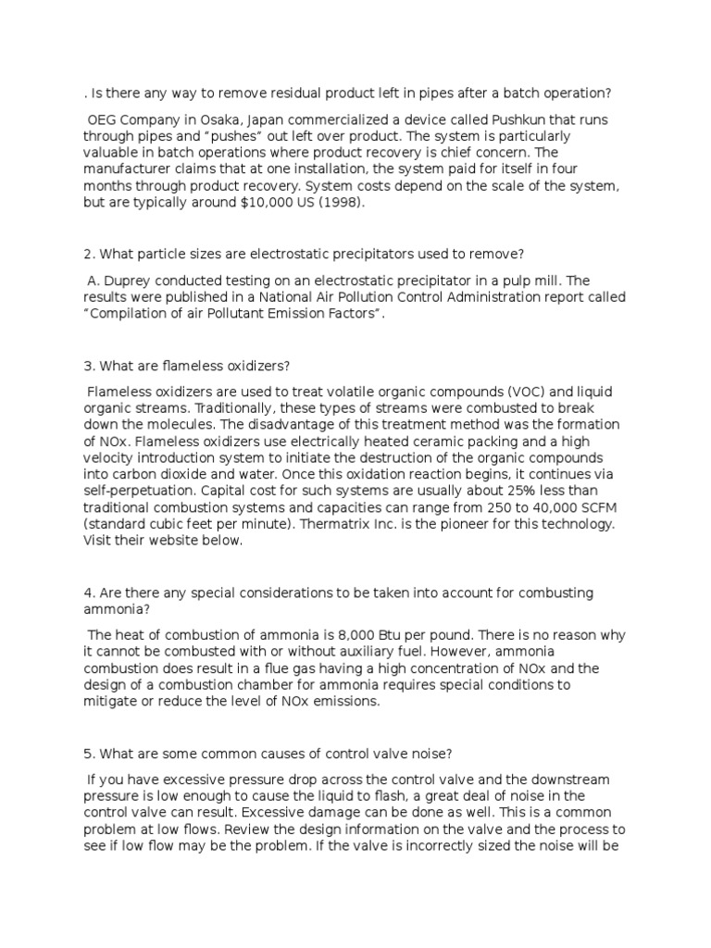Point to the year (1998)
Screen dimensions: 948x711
[x=339, y=206]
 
